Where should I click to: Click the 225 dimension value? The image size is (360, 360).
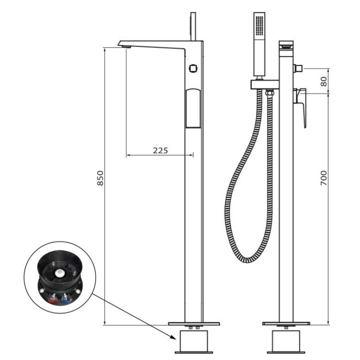coord(160,149)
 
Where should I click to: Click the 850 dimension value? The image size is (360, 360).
coord(100,178)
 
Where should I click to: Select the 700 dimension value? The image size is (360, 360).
coord(323,178)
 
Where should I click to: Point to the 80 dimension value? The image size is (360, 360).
coord(323,81)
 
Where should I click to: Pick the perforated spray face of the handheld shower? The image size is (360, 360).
coord(258,24)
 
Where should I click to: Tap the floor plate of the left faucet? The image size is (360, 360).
coord(193,323)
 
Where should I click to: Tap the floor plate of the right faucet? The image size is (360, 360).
coord(285,323)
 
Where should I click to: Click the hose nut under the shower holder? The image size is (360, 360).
coord(269,92)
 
